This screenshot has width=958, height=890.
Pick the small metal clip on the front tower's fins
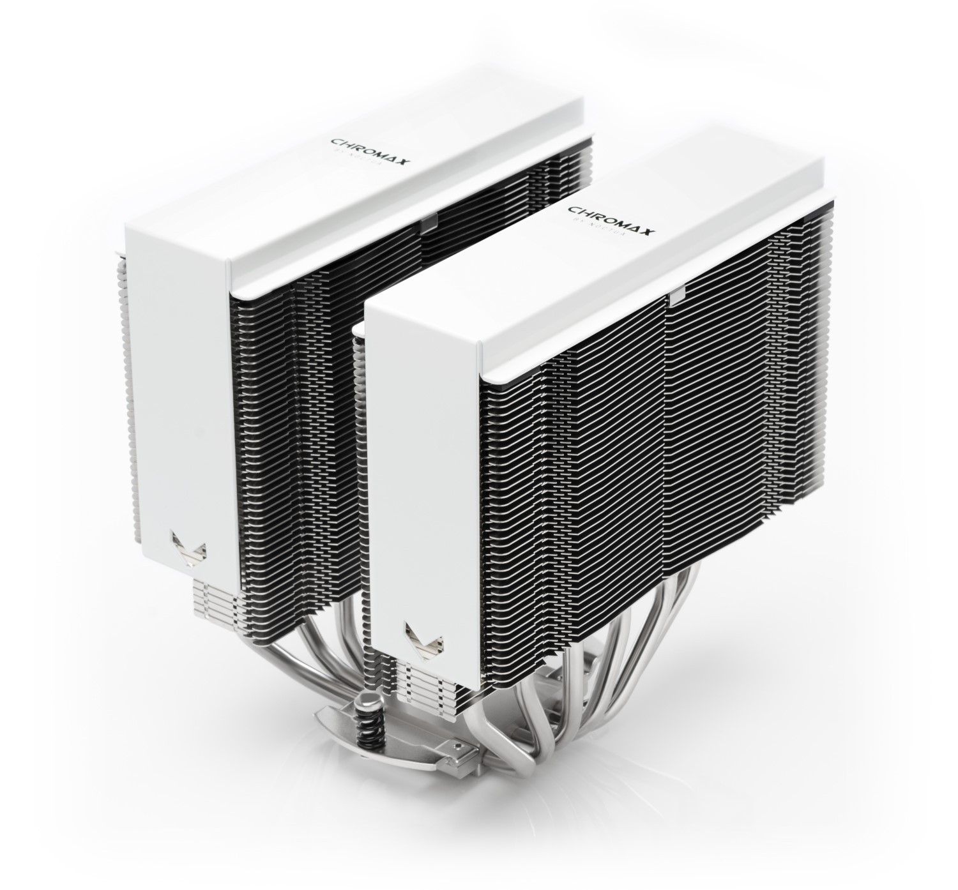tap(675, 294)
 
